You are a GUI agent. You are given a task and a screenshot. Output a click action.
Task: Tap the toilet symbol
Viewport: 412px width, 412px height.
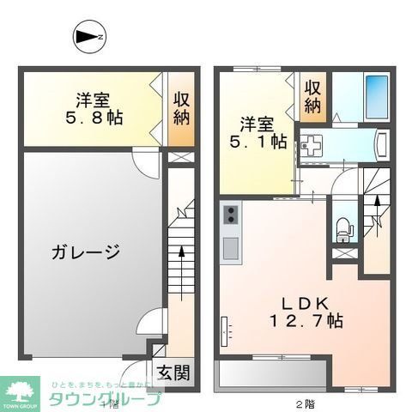pos(345,227)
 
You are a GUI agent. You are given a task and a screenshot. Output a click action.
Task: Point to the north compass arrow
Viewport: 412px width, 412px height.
pos(88,37)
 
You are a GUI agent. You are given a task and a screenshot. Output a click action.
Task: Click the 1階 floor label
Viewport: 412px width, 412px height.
pos(106,403)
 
